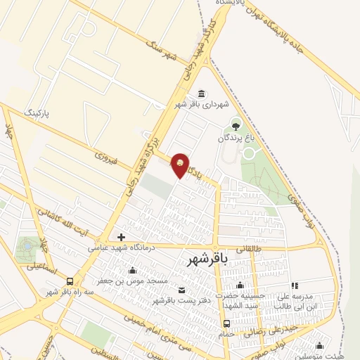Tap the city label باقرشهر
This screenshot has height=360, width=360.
[209, 260]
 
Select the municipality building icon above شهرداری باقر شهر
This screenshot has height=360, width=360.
[202, 94]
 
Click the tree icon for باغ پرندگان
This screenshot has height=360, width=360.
[235, 127]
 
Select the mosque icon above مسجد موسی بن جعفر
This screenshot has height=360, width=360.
[132, 271]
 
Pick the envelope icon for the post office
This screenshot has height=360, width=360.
[183, 290]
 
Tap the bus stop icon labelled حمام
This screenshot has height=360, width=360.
[226, 323]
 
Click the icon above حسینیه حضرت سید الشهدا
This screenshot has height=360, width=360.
[240, 285]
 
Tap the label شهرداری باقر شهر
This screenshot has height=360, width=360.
[202, 105]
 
